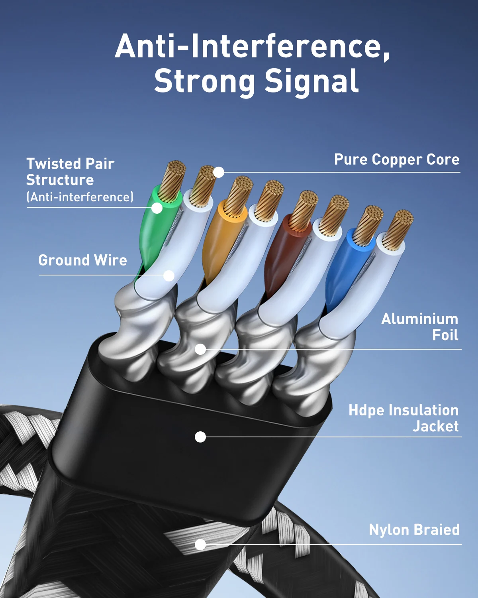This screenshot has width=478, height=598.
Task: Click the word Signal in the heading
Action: pyautogui.click(x=311, y=81)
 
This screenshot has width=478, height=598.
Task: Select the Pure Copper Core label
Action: pyautogui.click(x=397, y=159)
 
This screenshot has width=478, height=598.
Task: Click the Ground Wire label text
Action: pyautogui.click(x=82, y=260)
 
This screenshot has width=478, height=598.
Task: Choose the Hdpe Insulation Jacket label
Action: pyautogui.click(x=404, y=418)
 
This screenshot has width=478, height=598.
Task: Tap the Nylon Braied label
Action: pyautogui.click(x=414, y=530)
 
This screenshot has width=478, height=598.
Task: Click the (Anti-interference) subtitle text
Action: pyautogui.click(x=80, y=197)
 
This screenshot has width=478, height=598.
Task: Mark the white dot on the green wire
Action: pyautogui.click(x=157, y=208)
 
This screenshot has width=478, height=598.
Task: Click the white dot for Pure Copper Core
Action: pyautogui.click(x=218, y=172)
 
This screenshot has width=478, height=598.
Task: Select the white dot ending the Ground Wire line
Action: pyautogui.click(x=169, y=275)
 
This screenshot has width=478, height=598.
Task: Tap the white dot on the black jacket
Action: pyautogui.click(x=200, y=437)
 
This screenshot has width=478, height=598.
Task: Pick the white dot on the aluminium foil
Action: pyautogui.click(x=200, y=349)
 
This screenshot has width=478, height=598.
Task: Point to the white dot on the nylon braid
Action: pyautogui.click(x=200, y=544)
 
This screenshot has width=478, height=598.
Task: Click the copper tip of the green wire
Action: pyautogui.click(x=173, y=179)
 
